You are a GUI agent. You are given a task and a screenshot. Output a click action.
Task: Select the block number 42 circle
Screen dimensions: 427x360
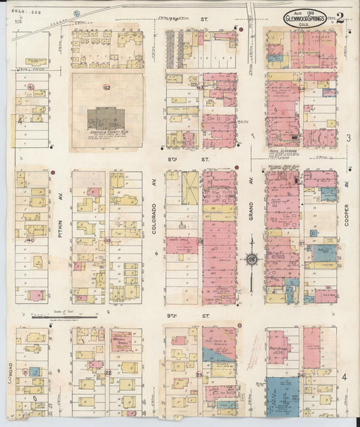(107, 87)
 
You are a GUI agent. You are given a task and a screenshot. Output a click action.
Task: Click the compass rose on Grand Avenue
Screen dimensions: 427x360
(251, 259)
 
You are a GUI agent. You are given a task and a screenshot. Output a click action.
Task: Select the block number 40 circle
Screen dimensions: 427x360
(30, 240)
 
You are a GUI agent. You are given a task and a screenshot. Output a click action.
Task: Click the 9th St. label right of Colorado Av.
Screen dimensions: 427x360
(203, 316)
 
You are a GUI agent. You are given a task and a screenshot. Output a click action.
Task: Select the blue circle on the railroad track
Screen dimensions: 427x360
(76, 12)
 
